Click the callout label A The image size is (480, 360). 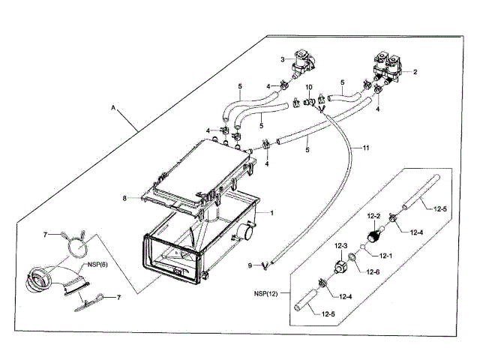(x=113, y=108)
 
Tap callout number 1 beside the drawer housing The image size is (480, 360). (x=271, y=213)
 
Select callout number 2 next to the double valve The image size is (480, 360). (x=415, y=73)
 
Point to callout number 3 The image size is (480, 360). (x=283, y=59)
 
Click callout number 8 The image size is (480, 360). (x=125, y=199)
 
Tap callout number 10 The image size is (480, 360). (x=307, y=88)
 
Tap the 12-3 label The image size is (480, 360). (x=341, y=247)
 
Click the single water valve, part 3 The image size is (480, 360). (x=304, y=63)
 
